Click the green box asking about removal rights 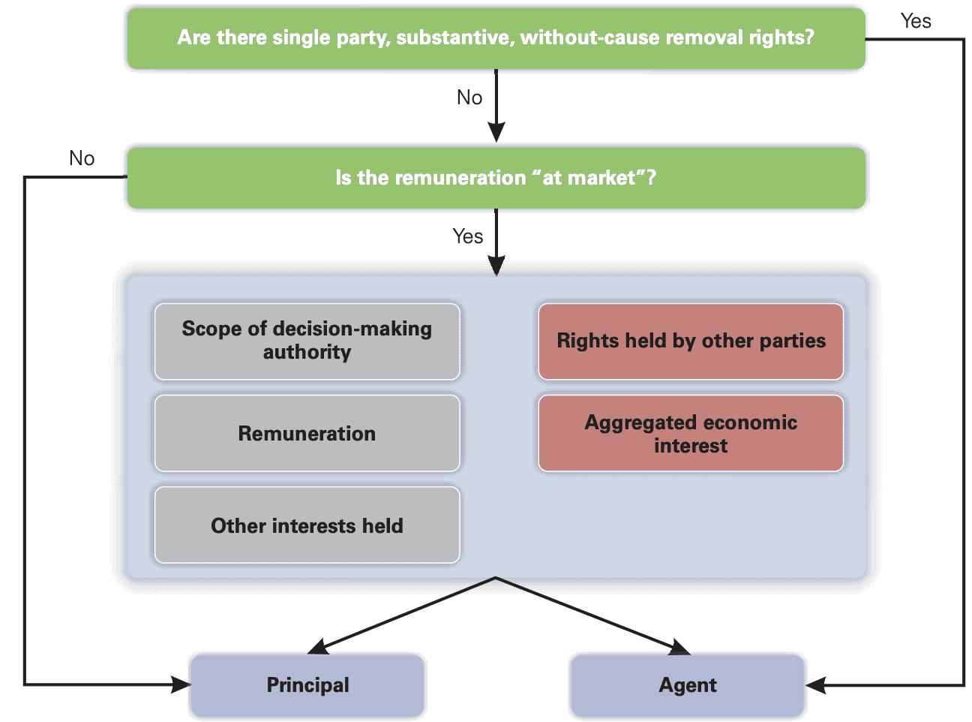[495, 38]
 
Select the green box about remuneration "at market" [495, 178]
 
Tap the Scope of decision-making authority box [307, 341]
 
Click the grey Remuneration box [307, 434]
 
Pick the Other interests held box [307, 525]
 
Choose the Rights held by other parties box [691, 341]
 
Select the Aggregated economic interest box [691, 434]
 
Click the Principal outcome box [307, 685]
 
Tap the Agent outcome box [688, 685]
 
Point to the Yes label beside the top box [916, 21]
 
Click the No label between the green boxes [469, 98]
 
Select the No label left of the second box [82, 158]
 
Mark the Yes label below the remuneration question [468, 236]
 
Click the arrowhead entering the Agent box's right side [816, 685]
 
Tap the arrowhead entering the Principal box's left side [181, 684]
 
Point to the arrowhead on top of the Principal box [318, 648]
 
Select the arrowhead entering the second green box [496, 133]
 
